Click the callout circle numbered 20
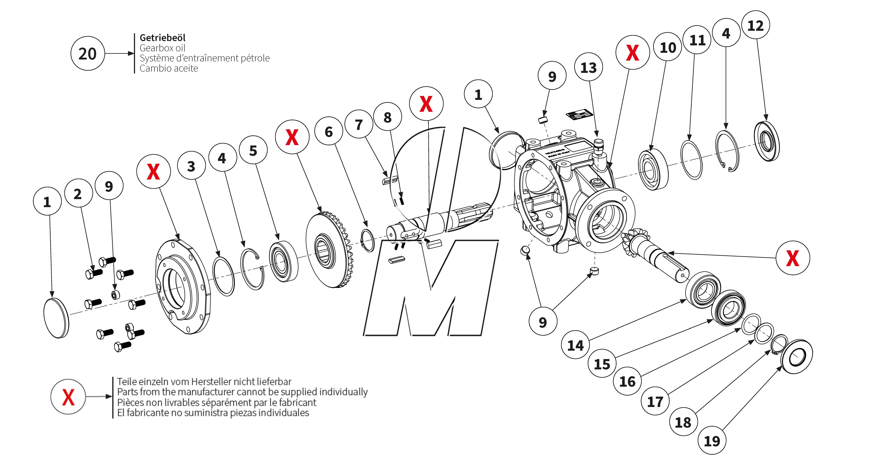tap(88, 54)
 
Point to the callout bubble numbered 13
tap(588, 67)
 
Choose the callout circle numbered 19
tap(712, 441)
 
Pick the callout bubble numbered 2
tap(78, 193)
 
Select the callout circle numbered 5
tap(253, 150)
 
